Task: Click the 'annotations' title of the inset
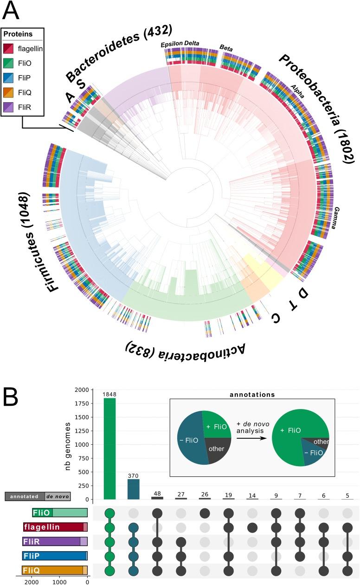[253, 395]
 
